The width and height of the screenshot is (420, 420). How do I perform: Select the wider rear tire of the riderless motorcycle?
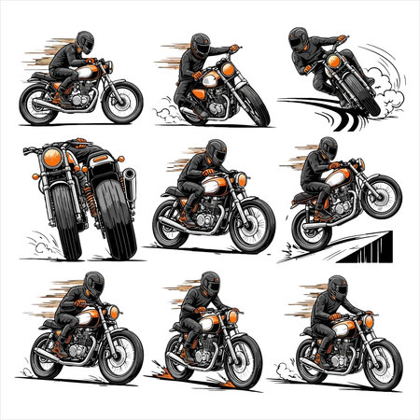(x=111, y=224)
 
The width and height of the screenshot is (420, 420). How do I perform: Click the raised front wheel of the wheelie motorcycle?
(x=383, y=194)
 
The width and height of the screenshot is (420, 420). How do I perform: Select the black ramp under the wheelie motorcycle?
(x=369, y=245)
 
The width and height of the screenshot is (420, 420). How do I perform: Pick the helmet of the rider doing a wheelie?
(x=328, y=147)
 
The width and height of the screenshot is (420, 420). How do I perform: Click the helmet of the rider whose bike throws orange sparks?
(x=209, y=283)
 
